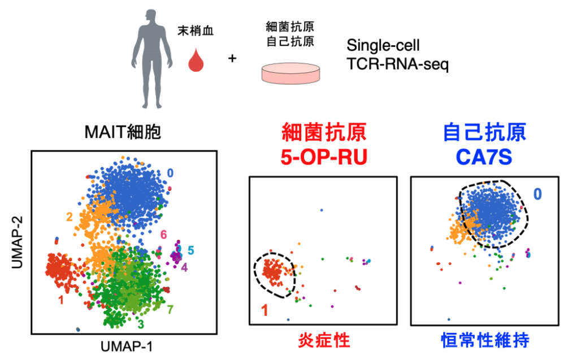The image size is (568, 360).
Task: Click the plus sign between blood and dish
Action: click(232, 58)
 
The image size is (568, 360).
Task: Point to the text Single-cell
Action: click(383, 45)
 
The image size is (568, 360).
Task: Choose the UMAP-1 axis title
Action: click(125, 346)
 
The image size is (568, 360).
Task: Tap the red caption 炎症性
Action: click(324, 341)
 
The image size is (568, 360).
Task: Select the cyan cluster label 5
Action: click(191, 250)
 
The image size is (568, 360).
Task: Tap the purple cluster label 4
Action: click(184, 266)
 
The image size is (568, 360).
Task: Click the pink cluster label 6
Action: click(163, 234)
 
